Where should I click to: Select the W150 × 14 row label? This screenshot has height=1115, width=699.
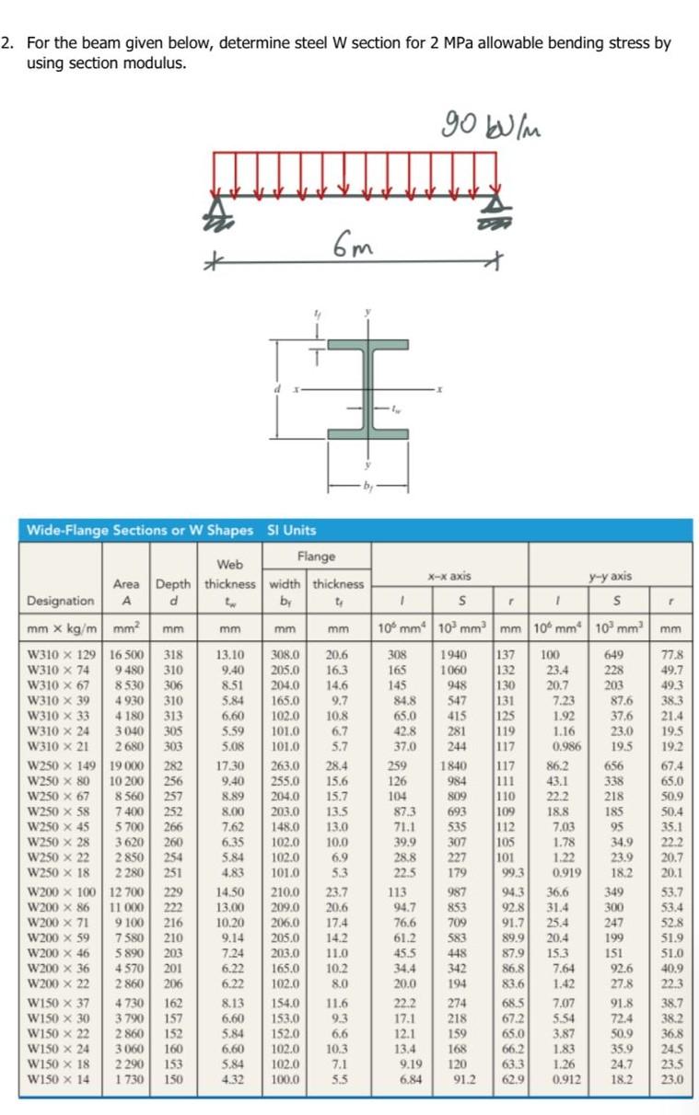click(x=60, y=1077)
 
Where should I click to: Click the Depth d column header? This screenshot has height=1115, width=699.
click(x=172, y=592)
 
